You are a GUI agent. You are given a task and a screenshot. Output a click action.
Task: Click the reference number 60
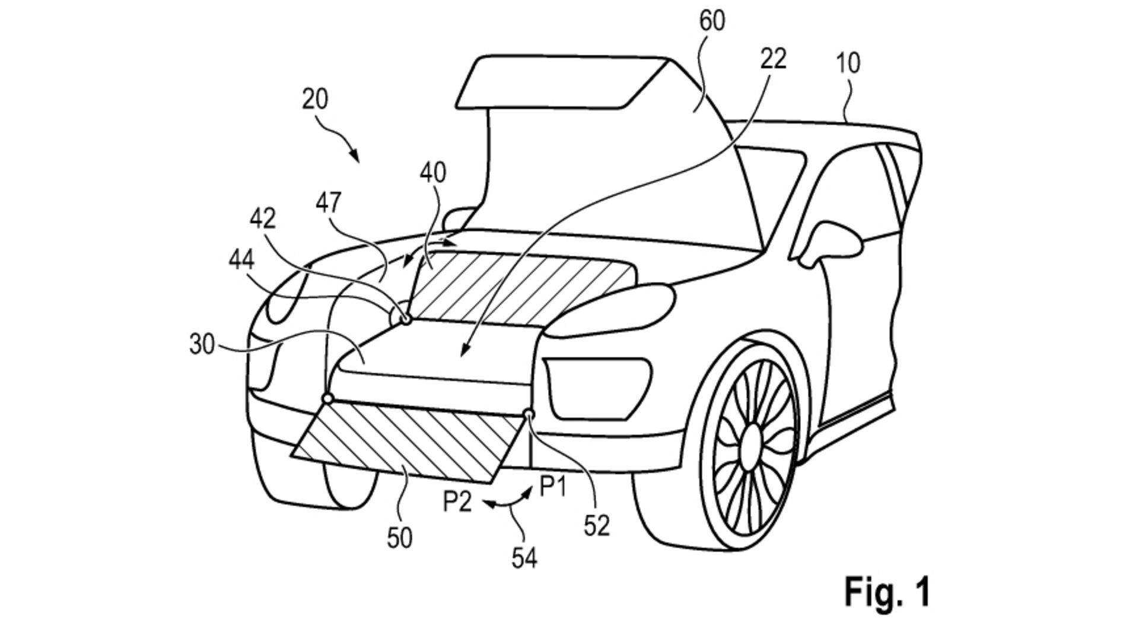point(712,21)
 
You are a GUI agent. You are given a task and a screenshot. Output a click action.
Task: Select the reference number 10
point(848,63)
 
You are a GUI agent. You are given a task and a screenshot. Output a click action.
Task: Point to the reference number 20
point(314,99)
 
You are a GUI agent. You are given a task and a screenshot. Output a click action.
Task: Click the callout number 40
point(432,173)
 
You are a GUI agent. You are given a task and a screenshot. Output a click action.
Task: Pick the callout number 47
point(329,203)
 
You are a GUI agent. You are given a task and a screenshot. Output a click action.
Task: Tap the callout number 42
point(263,219)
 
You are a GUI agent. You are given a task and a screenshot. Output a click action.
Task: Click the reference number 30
point(202,344)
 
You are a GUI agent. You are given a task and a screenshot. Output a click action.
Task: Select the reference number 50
point(399,538)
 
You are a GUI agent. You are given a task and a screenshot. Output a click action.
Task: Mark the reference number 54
point(524,558)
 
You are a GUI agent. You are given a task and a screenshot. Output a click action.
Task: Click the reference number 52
point(596,525)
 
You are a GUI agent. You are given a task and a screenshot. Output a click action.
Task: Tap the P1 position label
point(553,488)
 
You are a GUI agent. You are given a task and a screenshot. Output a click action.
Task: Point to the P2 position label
point(457,502)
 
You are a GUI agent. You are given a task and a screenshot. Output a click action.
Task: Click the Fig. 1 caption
point(886,591)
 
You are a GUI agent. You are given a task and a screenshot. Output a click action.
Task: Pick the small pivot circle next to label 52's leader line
point(529,414)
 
